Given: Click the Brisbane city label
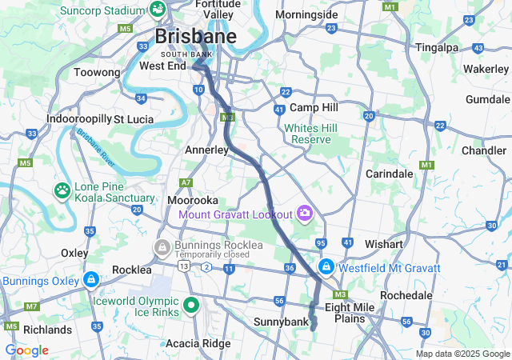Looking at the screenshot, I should click(195, 37).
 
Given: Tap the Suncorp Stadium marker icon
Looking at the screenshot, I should click(158, 10).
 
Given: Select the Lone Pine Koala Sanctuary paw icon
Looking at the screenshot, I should click(62, 190).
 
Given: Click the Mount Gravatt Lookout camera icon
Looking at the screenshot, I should click(304, 213).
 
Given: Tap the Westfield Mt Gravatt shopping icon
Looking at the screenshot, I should click(326, 267).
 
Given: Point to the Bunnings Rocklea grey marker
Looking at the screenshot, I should click(162, 246).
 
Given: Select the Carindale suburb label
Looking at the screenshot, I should click(389, 174).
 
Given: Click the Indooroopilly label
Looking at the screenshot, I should click(78, 118).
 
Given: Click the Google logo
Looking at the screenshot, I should click(26, 350).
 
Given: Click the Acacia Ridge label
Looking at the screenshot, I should click(197, 343).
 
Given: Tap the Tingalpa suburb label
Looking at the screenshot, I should click(436, 48).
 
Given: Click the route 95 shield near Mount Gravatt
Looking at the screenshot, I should click(321, 243).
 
